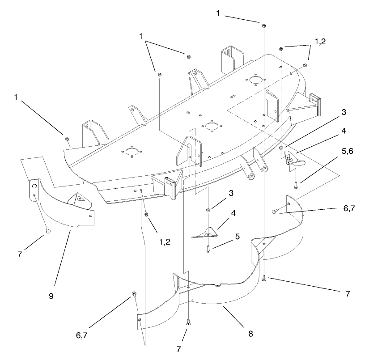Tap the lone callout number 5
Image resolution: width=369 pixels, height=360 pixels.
tap(238, 237)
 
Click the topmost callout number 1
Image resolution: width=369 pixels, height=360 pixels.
tap(218, 13)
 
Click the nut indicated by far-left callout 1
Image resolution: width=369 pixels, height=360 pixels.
tap(67, 140)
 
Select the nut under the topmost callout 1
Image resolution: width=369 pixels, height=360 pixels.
tap(264, 25)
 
